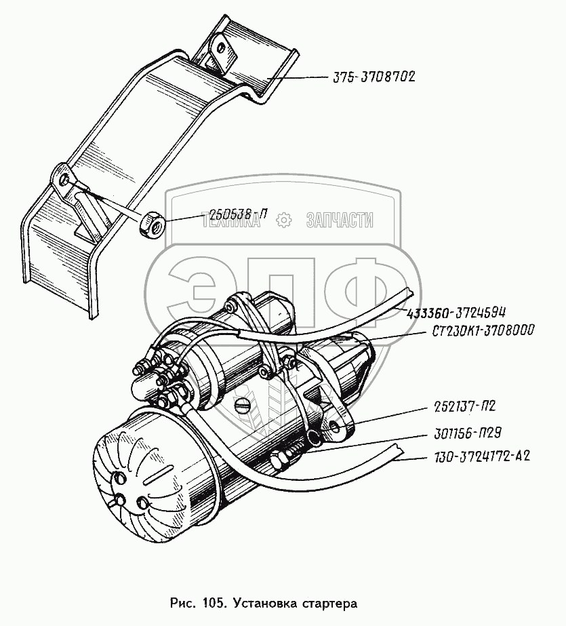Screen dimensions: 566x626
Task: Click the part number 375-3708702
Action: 373,77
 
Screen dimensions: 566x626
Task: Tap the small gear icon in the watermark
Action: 283,219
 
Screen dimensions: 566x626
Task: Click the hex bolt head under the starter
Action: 279,463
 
